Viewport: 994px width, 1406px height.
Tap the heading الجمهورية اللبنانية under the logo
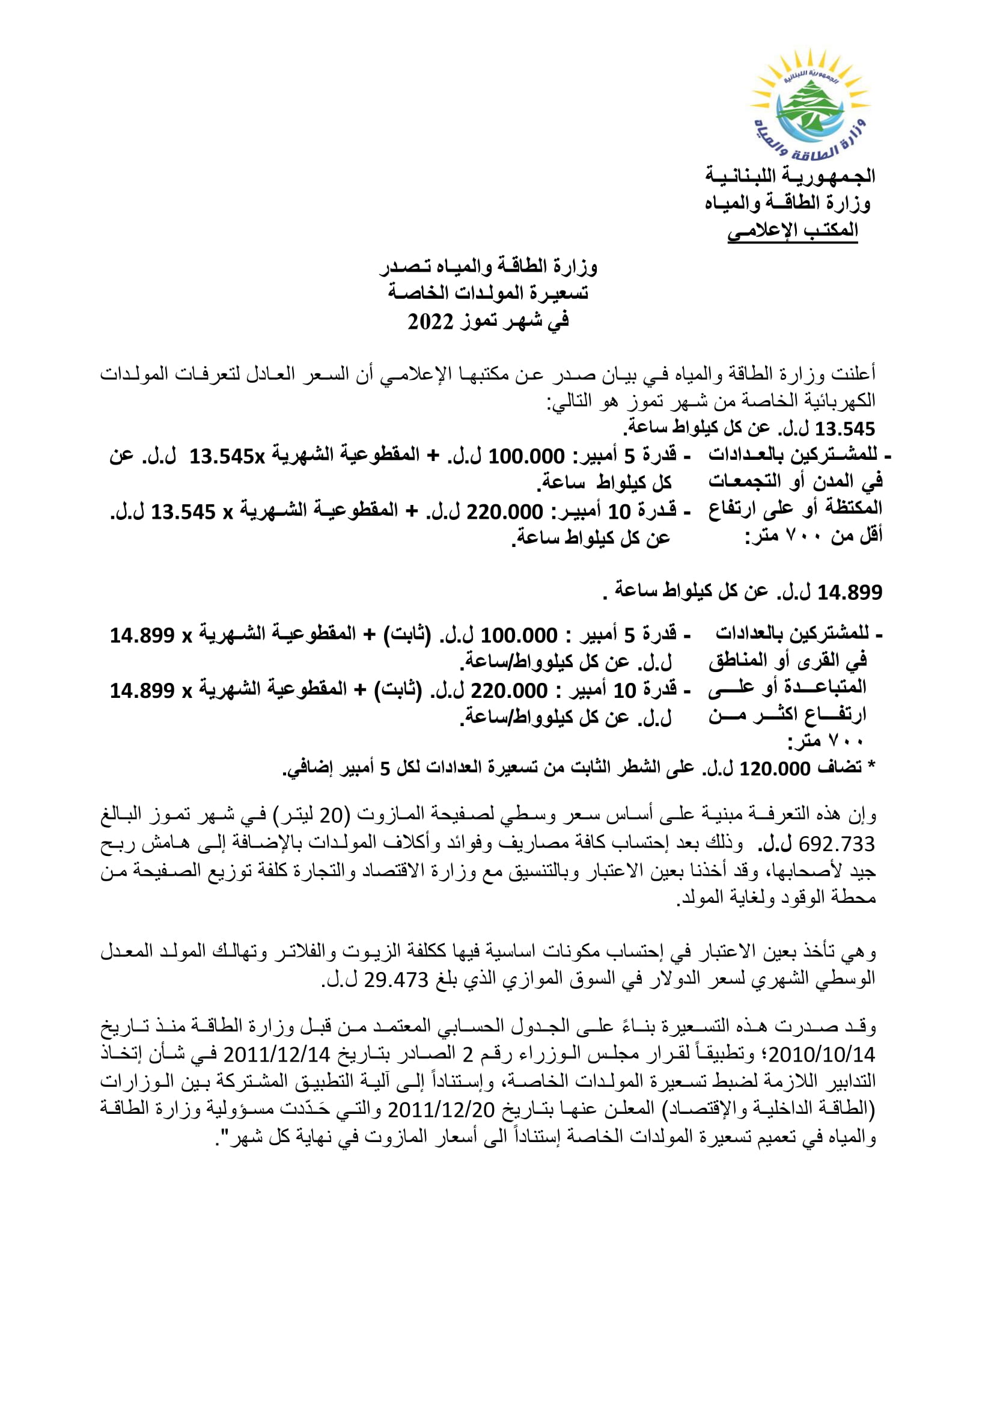click(x=790, y=176)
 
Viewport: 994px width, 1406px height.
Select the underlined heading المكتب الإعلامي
click(x=793, y=231)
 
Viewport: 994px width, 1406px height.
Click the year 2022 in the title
click(x=431, y=322)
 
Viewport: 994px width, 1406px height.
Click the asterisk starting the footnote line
click(x=871, y=767)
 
